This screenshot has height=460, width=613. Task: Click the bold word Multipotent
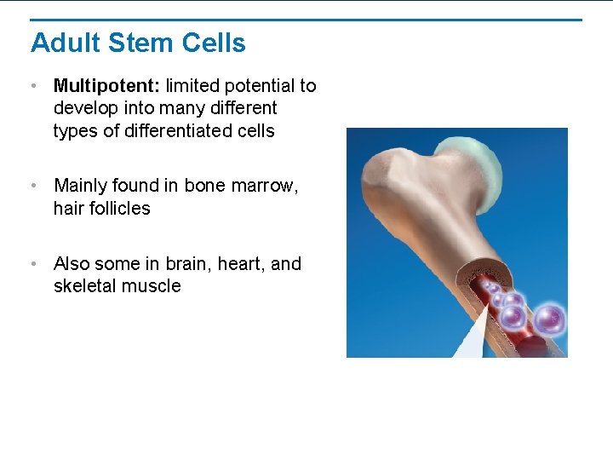107,86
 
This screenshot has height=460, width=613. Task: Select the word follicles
117,209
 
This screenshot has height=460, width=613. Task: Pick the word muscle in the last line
152,286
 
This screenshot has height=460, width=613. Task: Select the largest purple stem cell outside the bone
548,320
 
